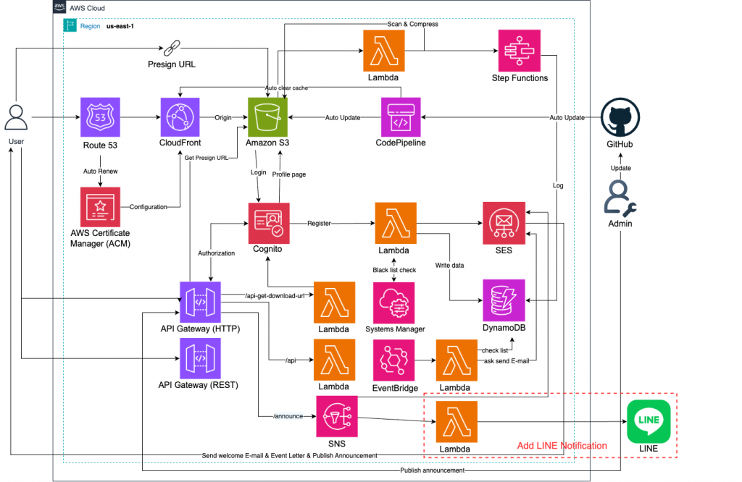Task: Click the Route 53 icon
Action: (101, 118)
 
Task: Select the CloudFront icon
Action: (180, 118)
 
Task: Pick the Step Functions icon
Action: (520, 50)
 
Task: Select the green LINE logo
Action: (649, 421)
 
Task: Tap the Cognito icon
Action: (269, 223)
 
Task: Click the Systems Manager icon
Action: (393, 302)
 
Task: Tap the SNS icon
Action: (336, 416)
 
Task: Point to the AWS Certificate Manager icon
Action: (101, 207)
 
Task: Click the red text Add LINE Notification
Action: (562, 446)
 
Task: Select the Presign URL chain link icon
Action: (172, 48)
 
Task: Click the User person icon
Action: (15, 118)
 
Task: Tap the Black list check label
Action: (393, 269)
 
